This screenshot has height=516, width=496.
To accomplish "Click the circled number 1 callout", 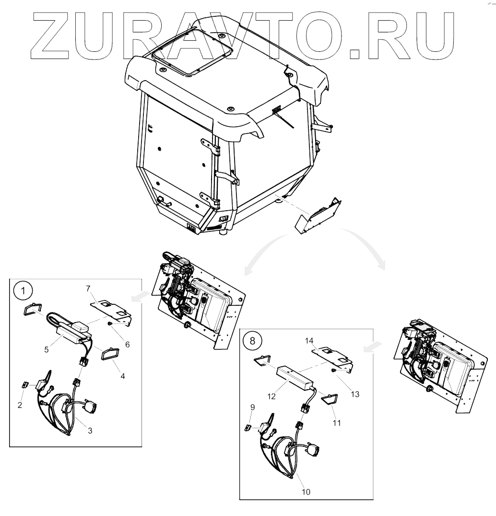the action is click(23, 291).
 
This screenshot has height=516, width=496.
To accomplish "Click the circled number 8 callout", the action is click(252, 341).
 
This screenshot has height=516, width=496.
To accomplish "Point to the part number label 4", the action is click(123, 376).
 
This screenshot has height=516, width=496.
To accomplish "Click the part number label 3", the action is click(90, 431).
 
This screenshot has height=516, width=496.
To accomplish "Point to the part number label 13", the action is click(355, 394).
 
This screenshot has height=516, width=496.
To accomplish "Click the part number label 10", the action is click(306, 492).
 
